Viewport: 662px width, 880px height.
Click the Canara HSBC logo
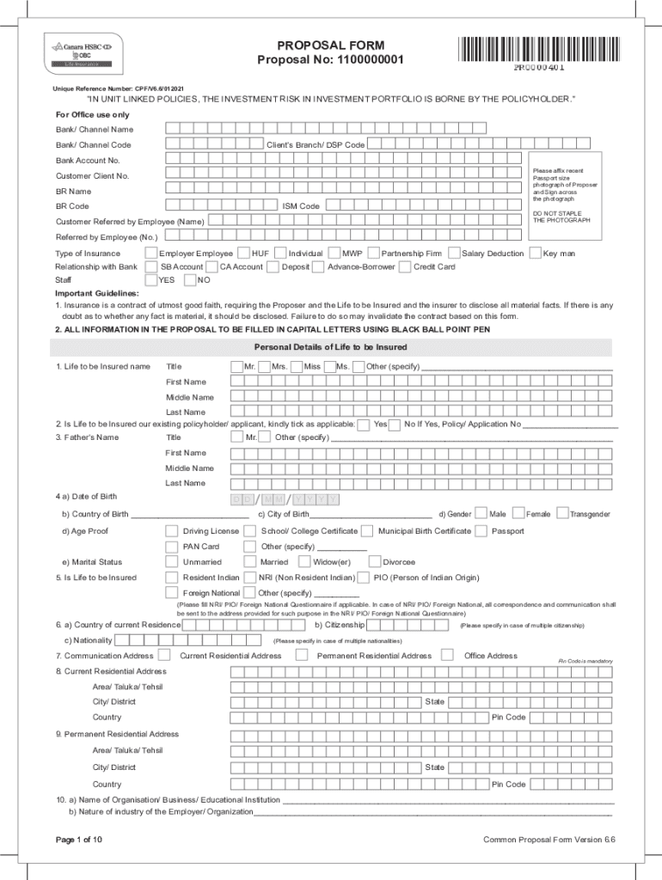pyautogui.click(x=82, y=52)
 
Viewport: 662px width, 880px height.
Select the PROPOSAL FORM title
pyautogui.click(x=330, y=46)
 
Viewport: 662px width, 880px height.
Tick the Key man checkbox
pyautogui.click(x=536, y=254)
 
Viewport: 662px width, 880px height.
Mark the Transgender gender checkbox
pyautogui.click(x=562, y=514)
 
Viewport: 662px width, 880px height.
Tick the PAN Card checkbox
pyautogui.click(x=172, y=547)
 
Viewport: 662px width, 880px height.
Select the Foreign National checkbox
pyautogui.click(x=172, y=593)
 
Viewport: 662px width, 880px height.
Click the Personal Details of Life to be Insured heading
pyautogui.click(x=330, y=347)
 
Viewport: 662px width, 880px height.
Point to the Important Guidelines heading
pyautogui.click(x=96, y=294)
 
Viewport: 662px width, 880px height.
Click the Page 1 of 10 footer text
pyautogui.click(x=79, y=839)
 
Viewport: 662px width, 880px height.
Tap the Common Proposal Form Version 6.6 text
pyautogui.click(x=549, y=840)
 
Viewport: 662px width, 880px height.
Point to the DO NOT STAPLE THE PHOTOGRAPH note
pyautogui.click(x=561, y=217)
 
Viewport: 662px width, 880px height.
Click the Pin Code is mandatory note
pyautogui.click(x=585, y=661)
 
